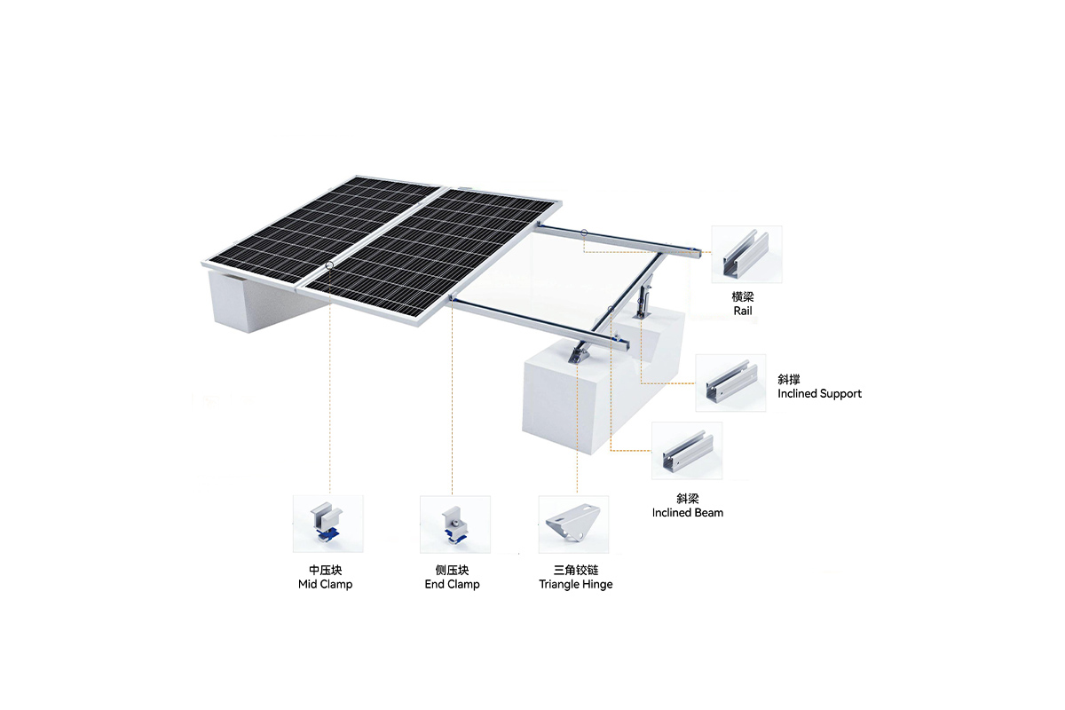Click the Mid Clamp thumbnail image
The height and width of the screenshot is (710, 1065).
click(x=328, y=524)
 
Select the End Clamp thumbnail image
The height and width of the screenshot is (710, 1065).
click(x=455, y=524)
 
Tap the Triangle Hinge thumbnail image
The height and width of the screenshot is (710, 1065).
click(x=573, y=524)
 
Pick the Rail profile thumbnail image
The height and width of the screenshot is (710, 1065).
click(x=746, y=255)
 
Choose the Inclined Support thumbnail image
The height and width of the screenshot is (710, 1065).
click(x=730, y=383)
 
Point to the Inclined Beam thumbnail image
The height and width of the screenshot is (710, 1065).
click(x=687, y=450)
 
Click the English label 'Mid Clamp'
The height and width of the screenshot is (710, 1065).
click(x=325, y=585)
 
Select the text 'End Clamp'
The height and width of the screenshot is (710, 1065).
click(x=452, y=585)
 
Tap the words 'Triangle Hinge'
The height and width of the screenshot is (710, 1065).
click(x=576, y=585)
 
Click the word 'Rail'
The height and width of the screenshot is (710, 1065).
click(x=743, y=311)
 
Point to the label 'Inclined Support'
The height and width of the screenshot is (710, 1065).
click(x=819, y=394)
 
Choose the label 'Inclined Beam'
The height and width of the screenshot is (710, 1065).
click(x=688, y=513)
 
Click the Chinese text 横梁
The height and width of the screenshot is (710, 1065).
click(x=743, y=297)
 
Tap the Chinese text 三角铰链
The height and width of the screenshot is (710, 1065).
click(x=576, y=570)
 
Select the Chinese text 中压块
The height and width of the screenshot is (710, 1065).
click(x=325, y=570)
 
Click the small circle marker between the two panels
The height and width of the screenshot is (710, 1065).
click(x=329, y=264)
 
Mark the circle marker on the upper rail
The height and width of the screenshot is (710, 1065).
click(x=584, y=233)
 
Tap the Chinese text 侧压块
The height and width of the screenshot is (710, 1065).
click(x=452, y=570)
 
